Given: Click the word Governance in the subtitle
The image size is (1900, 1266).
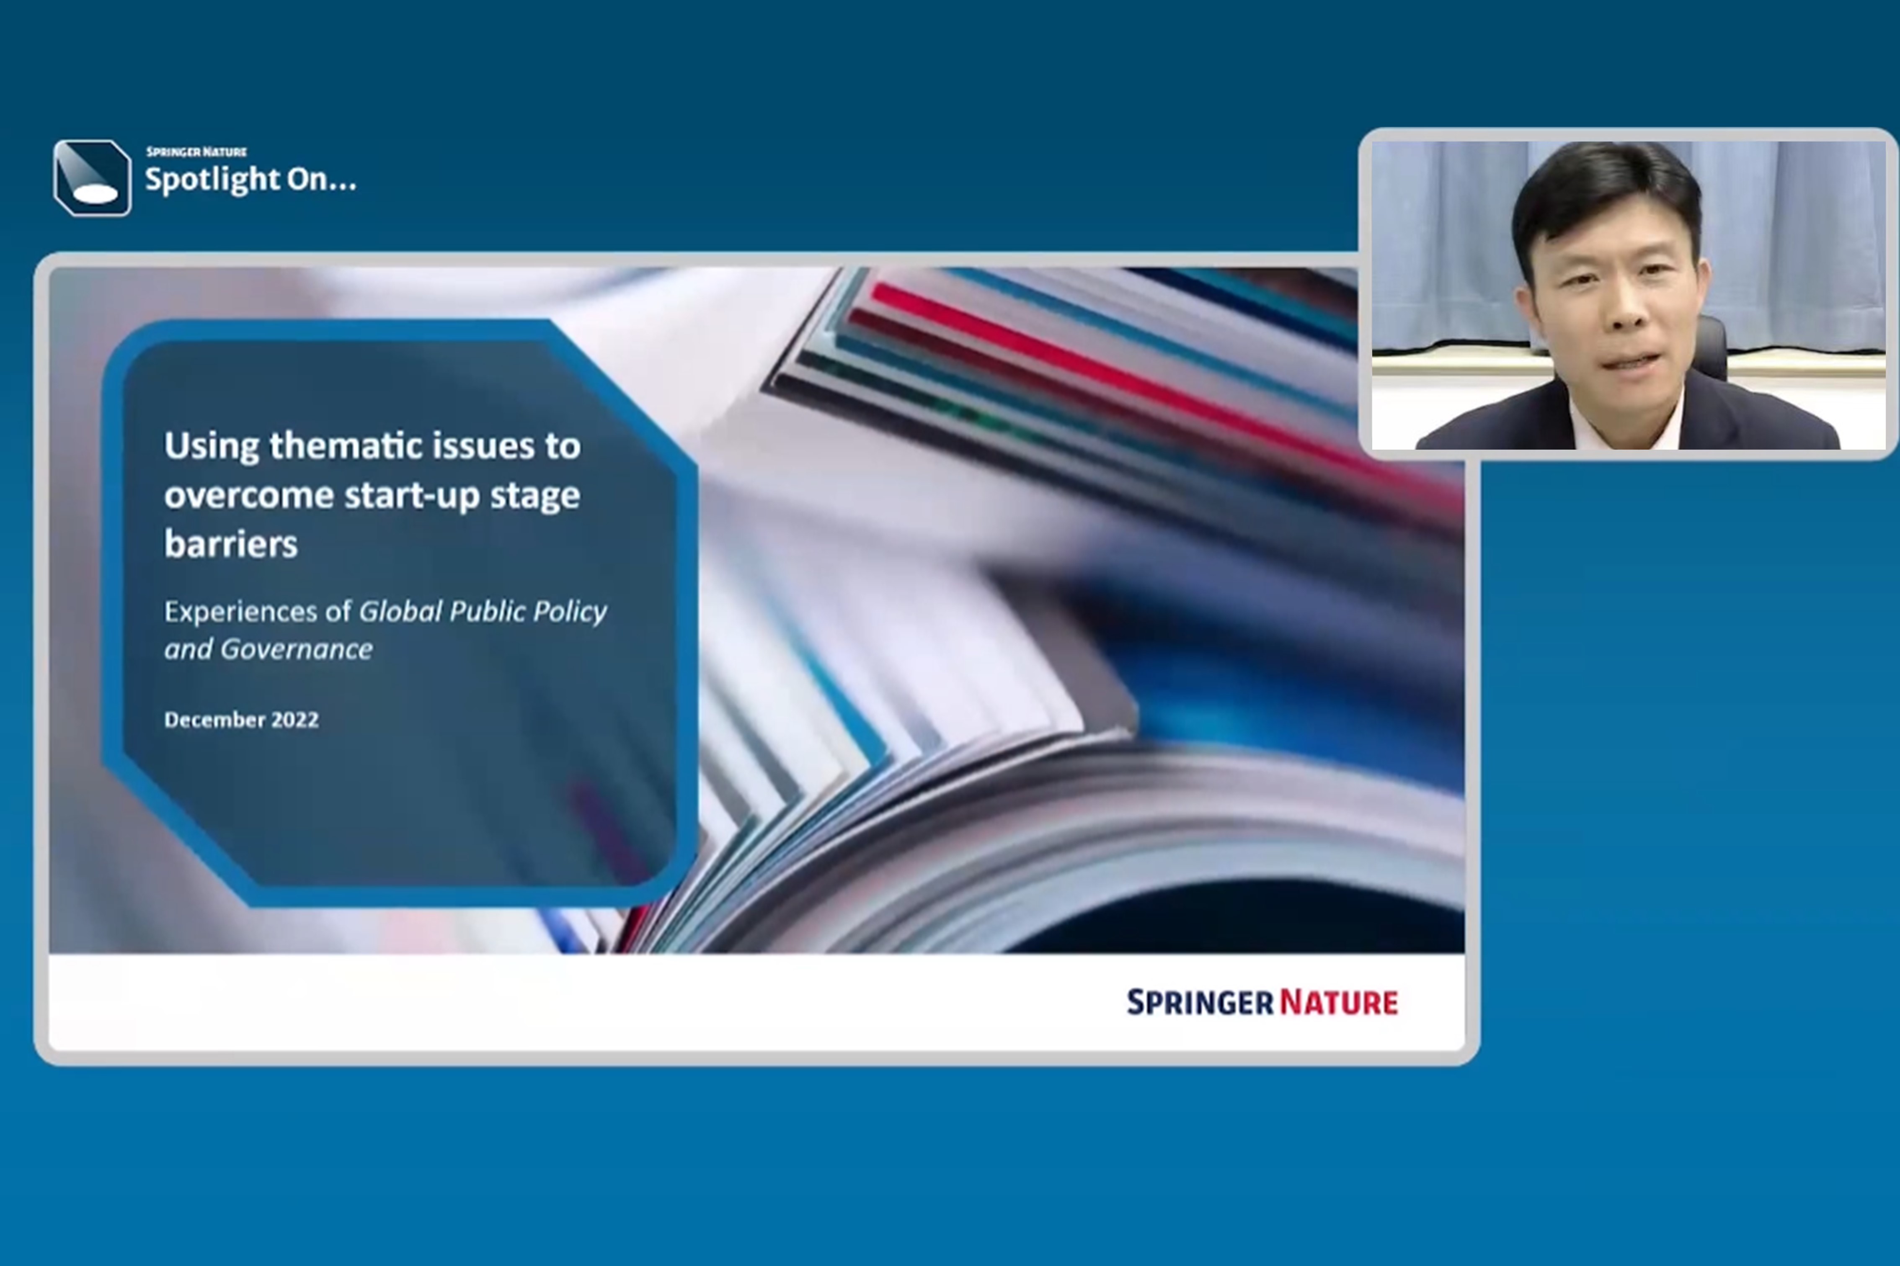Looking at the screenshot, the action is pos(297,649).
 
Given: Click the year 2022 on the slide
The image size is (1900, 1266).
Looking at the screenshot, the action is pos(295,719).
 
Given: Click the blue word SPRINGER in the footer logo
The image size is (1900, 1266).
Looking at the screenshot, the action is pos(1200,1002).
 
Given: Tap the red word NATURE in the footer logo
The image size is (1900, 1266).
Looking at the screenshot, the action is pos(1339,1002).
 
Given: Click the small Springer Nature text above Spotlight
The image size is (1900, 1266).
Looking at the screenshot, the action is pos(196,151).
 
